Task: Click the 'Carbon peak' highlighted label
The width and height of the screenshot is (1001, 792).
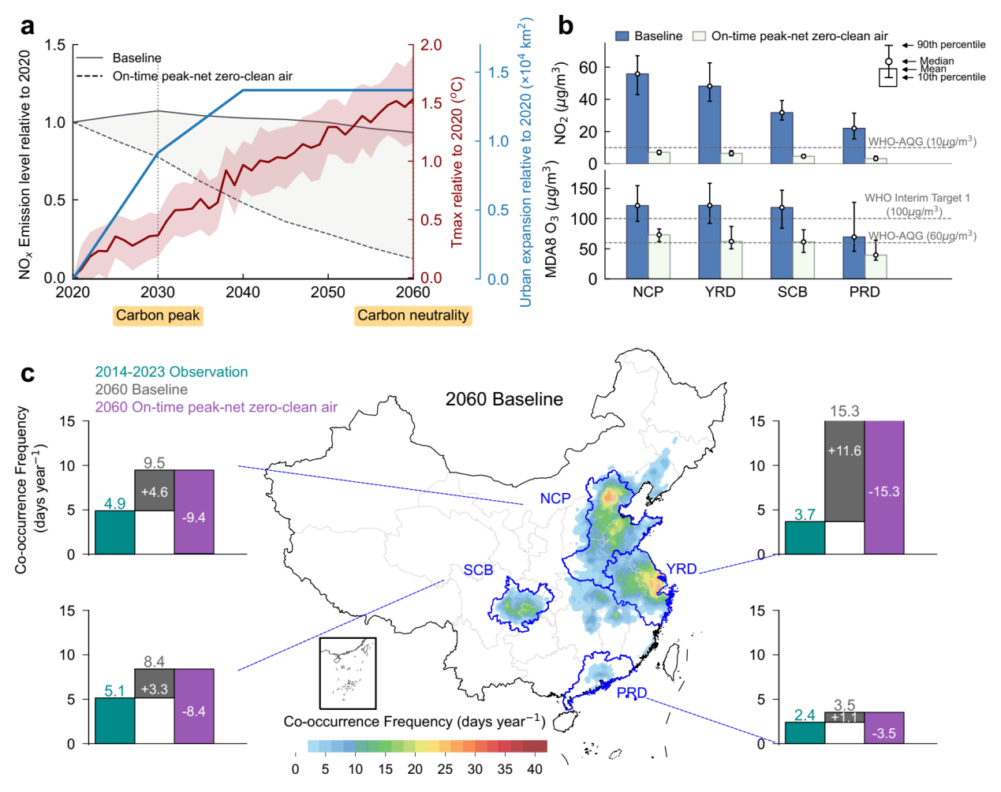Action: (x=158, y=316)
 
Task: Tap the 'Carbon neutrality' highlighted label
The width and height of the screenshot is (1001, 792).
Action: (x=413, y=316)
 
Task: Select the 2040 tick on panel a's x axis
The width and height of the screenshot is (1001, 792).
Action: (x=243, y=292)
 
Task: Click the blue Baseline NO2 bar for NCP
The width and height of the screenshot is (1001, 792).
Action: (x=637, y=118)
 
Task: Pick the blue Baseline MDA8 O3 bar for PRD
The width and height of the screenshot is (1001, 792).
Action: (x=853, y=258)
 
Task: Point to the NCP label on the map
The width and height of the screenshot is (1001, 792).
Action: (x=555, y=499)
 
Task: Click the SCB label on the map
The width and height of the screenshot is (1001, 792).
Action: (x=478, y=570)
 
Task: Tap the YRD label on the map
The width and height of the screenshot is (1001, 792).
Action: (x=681, y=569)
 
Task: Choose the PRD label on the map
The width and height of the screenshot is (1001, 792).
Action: (x=631, y=693)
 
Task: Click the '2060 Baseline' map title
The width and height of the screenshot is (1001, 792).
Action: (x=504, y=399)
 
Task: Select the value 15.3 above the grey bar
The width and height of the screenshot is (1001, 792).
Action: (x=844, y=411)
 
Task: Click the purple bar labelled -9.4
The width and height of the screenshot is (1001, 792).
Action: (x=194, y=512)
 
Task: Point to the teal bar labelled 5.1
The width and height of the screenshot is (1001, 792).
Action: (x=114, y=720)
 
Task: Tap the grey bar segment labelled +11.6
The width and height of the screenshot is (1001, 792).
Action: (x=844, y=471)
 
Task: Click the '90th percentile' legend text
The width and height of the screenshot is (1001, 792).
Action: (x=951, y=45)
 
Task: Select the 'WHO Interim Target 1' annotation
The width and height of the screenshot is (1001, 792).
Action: (x=917, y=198)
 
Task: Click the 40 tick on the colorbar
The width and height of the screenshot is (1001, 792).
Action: (x=535, y=769)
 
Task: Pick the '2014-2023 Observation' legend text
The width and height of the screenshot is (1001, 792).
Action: (x=171, y=372)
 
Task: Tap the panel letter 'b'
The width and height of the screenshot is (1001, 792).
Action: (x=566, y=26)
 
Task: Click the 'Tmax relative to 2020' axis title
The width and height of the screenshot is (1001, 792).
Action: (x=457, y=162)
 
